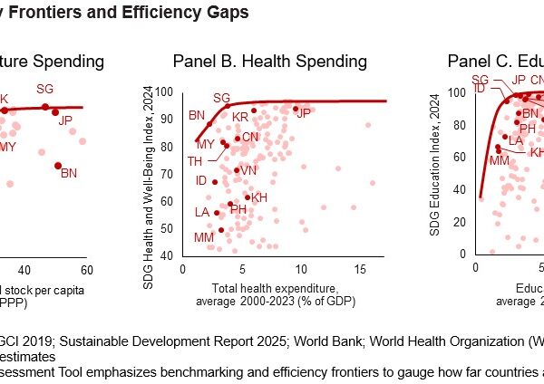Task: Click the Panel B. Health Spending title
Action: click(x=270, y=62)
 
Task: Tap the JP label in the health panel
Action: click(x=304, y=112)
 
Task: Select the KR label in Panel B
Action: click(x=240, y=118)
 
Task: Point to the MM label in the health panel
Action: click(x=204, y=237)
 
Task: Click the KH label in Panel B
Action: click(x=259, y=197)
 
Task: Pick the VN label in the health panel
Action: click(x=248, y=170)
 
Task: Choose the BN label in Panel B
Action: click(x=197, y=115)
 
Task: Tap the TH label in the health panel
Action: click(x=195, y=160)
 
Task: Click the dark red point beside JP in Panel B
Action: click(x=295, y=108)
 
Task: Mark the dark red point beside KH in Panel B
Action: click(x=247, y=197)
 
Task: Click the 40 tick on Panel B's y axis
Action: click(x=168, y=255)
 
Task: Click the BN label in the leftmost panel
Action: click(x=68, y=172)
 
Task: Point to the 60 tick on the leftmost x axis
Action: click(x=87, y=270)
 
